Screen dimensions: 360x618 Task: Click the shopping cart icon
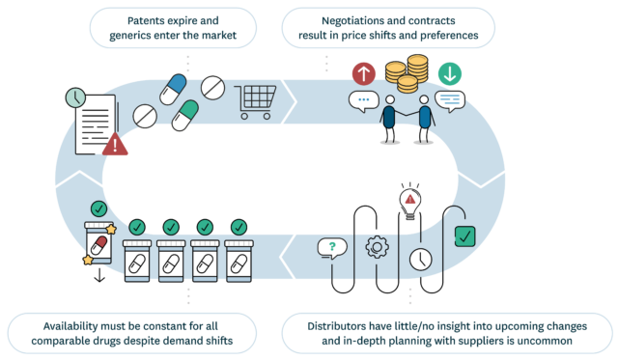[x=256, y=97]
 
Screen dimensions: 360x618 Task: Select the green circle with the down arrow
[x=450, y=74]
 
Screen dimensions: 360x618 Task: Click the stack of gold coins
[x=406, y=73]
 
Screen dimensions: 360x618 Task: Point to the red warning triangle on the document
[x=117, y=145]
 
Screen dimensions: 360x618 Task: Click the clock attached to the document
[x=75, y=97]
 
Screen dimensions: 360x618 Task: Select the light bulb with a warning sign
[x=410, y=204]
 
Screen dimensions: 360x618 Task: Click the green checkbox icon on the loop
[x=463, y=235]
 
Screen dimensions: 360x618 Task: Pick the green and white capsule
[x=185, y=115]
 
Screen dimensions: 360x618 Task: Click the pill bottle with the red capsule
[x=98, y=242]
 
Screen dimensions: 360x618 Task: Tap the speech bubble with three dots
[x=364, y=100]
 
